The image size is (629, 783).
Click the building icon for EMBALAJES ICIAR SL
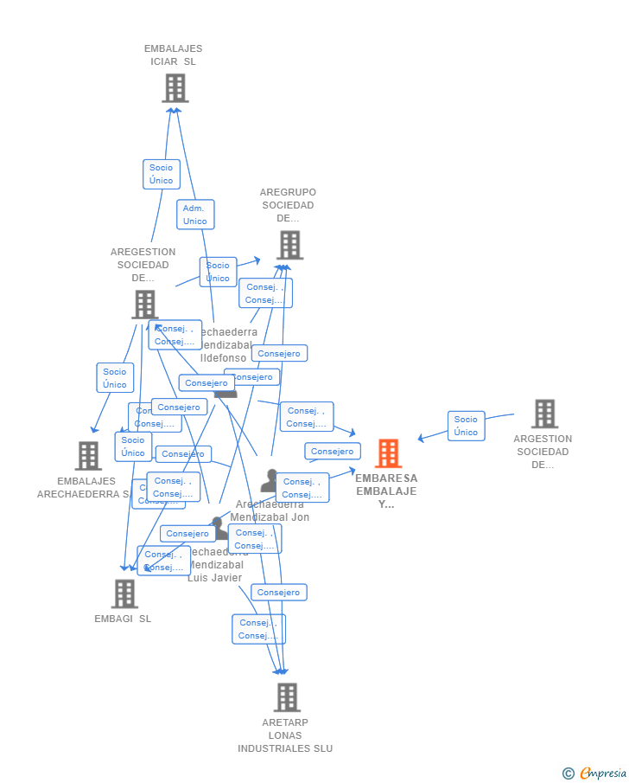175,88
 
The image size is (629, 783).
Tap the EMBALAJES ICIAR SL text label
174,55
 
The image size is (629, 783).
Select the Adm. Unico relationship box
195,215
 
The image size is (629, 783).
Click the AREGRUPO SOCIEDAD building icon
289,245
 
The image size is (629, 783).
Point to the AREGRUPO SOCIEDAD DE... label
288,205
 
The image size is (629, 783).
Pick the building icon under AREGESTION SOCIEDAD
144,304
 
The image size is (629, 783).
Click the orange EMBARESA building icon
388,453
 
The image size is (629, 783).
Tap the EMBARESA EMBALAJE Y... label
386,491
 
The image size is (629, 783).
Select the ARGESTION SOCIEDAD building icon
544,414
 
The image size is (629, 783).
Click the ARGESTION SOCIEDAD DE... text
543,452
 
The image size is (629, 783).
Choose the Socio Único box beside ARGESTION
466,426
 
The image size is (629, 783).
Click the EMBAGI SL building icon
124,594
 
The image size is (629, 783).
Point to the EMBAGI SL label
123,619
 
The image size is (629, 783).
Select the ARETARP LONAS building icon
287,697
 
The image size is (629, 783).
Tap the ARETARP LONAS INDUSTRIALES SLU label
285,735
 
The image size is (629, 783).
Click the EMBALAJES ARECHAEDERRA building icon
88,455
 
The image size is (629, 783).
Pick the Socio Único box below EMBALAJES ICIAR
161,174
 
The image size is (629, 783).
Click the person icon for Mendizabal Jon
270,480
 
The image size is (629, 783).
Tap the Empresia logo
602,773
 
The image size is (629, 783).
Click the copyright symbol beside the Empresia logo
569,773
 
